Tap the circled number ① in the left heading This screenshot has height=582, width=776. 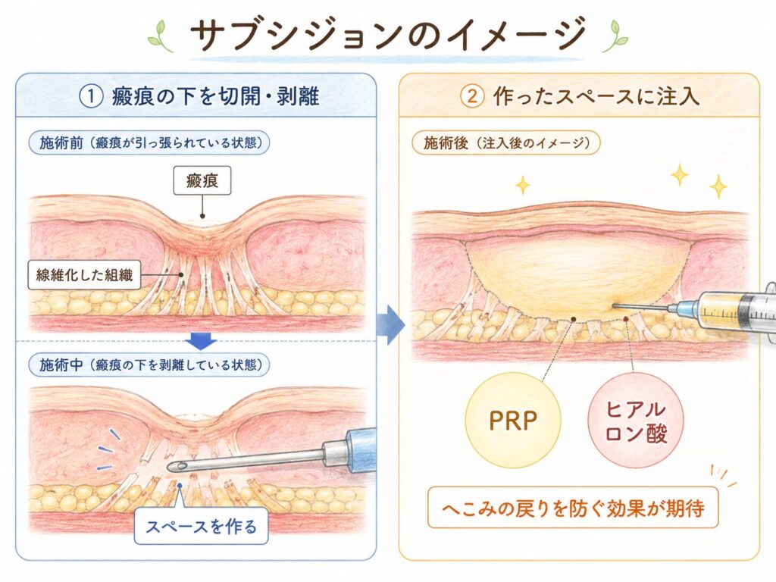pos(91,96)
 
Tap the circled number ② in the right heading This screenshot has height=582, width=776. pos(472,96)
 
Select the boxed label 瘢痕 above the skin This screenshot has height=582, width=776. pos(202,180)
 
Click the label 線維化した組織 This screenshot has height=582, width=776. pos(84,274)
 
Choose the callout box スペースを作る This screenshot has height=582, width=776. pos(201,526)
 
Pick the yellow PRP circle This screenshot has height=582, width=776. pos(513,420)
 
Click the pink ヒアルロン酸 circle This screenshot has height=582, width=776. pos(636,421)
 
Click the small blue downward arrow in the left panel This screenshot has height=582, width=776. pos(201,340)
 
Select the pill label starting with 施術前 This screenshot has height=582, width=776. pos(149,143)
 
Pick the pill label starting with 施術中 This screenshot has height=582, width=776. pos(149,365)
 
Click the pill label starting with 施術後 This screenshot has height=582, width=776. pos(505,143)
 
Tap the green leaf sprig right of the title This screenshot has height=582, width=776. pos(615,36)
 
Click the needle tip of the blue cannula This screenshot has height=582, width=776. pos(170,466)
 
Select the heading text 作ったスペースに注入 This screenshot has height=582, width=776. pos(596,96)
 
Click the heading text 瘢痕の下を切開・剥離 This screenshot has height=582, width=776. pos(216,96)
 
